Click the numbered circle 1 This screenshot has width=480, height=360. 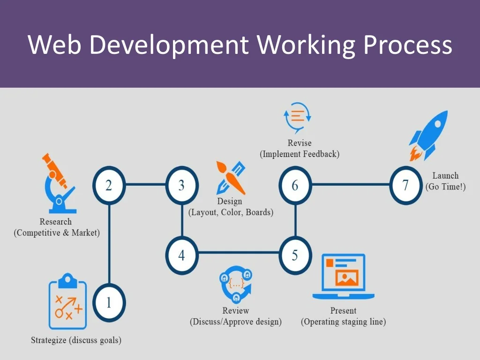coord(109,303)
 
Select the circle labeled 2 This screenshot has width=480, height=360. coord(109,186)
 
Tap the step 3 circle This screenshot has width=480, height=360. coord(182,186)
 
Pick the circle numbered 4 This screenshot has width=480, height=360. coord(182,255)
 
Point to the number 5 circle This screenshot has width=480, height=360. coord(295,255)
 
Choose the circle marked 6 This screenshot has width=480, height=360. coord(295,186)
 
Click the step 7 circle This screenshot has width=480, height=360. coord(406,186)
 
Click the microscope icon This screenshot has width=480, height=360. coord(58,183)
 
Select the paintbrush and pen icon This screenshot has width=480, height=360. coord(231,178)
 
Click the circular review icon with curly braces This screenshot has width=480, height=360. coord(236,284)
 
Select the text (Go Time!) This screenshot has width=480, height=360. coord(445,187)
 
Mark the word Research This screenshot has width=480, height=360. coord(56,222)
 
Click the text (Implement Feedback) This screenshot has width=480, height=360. coord(300,154)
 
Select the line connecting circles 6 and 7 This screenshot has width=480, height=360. coord(351,184)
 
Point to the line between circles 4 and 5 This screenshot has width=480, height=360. coord(238,253)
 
